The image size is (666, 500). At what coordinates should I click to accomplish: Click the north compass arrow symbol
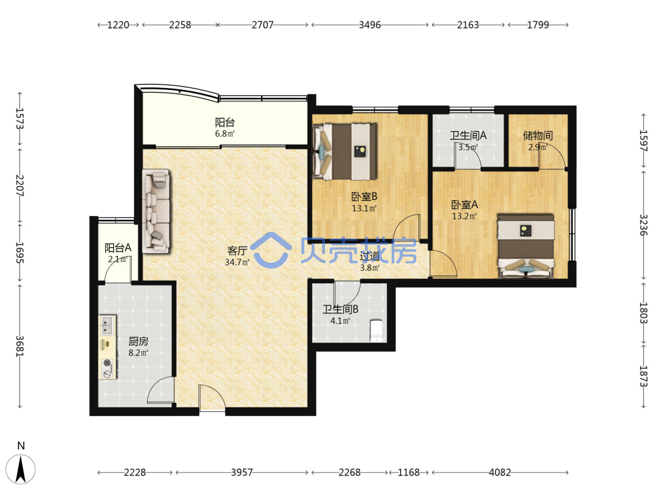tap(21, 469)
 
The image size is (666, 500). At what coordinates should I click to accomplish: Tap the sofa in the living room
tap(156, 211)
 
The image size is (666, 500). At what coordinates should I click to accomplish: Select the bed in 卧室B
tap(344, 151)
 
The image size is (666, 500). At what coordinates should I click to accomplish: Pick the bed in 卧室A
tap(526, 246)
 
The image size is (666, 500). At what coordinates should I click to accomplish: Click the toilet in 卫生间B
tap(377, 331)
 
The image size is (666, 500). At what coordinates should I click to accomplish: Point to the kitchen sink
tap(107, 325)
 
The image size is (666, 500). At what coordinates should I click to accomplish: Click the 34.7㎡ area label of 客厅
tap(237, 262)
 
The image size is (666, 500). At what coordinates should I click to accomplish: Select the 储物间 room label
tap(537, 135)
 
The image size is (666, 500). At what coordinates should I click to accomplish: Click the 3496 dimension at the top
tap(370, 25)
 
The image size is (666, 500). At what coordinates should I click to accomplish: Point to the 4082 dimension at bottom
tap(499, 473)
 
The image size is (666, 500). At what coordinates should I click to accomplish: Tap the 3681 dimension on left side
tap(20, 346)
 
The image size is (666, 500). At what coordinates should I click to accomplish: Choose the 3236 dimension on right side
tap(643, 225)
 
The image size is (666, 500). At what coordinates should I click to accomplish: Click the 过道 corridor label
tap(370, 257)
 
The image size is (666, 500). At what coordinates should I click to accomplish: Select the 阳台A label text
tap(118, 247)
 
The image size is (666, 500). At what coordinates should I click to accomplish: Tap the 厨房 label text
tap(139, 341)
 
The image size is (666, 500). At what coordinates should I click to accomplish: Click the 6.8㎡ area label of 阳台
tap(224, 134)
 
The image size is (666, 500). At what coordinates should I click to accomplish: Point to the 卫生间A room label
tap(468, 135)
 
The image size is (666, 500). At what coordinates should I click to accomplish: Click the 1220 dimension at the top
tap(118, 25)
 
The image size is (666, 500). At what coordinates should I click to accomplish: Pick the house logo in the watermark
tap(270, 250)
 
